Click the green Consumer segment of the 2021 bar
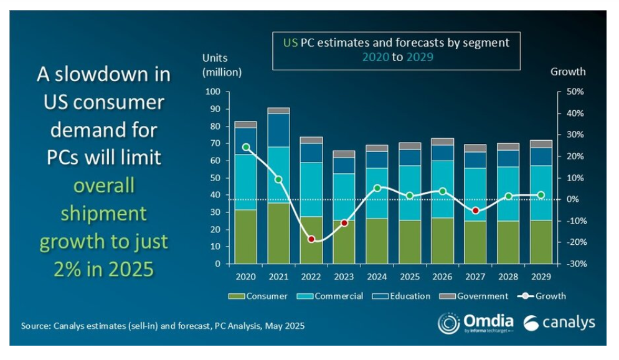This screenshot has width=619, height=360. coord(279,233)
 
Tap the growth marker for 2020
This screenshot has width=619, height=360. coord(246,148)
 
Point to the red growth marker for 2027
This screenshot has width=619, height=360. coord(476,211)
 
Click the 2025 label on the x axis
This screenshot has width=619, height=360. coord(410,276)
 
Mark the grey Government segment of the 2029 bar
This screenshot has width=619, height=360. coord(541,144)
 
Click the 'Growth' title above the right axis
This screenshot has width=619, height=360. coord(568,71)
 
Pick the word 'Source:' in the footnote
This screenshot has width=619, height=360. coord(39,326)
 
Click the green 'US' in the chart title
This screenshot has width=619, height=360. coord(290,43)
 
